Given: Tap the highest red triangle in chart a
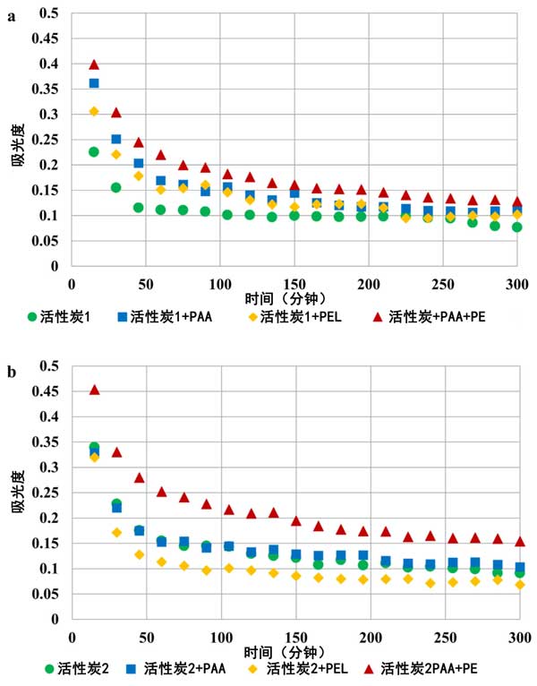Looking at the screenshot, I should pyautogui.click(x=94, y=64).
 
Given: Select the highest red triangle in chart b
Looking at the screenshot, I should pyautogui.click(x=94, y=390).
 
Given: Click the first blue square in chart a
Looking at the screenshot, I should pyautogui.click(x=94, y=83).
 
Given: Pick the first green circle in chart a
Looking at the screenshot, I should pyautogui.click(x=94, y=152).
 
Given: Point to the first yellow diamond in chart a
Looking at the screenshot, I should pyautogui.click(x=94, y=111).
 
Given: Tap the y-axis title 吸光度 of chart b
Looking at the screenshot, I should pyautogui.click(x=19, y=492).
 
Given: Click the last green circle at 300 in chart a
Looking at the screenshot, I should pyautogui.click(x=517, y=227).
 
